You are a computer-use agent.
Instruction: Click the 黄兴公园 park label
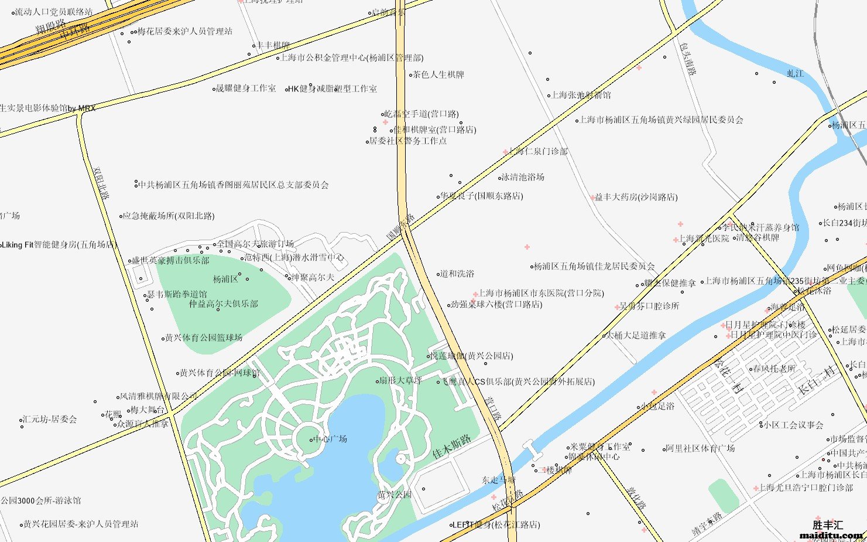[395, 495]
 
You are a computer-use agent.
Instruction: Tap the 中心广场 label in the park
[330, 439]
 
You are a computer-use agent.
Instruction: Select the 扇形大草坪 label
[400, 381]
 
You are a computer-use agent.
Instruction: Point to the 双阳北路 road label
[101, 183]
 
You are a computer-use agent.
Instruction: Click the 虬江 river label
[795, 74]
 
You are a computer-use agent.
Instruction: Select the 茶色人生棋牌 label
[438, 75]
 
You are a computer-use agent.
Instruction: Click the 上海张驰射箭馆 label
[581, 95]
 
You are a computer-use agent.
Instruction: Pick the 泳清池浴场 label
[523, 177]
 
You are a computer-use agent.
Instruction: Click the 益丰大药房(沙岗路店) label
[636, 197]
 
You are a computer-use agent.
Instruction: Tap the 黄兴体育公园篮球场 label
[204, 338]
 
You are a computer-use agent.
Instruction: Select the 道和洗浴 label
[457, 274]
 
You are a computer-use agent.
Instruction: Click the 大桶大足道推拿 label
[636, 336]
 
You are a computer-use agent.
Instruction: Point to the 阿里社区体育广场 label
[700, 449]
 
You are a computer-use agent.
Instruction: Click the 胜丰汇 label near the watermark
[828, 525]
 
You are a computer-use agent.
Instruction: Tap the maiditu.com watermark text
[831, 535]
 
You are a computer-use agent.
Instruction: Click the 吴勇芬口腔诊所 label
[649, 306]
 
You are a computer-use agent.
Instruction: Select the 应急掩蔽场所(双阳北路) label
[169, 216]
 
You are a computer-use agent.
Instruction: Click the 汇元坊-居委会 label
[50, 420]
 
